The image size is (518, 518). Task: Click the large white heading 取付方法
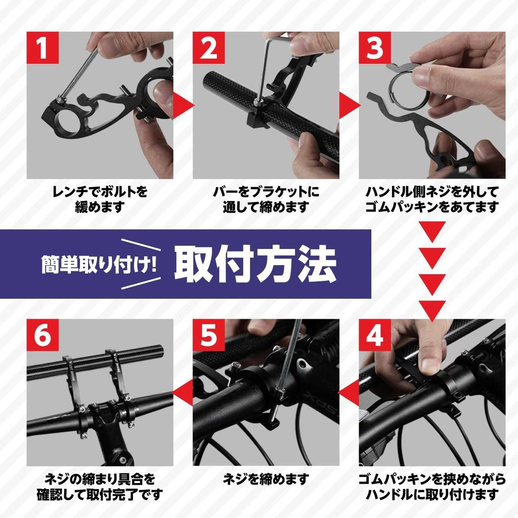pyautogui.click(x=255, y=264)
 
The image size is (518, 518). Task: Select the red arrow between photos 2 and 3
pyautogui.click(x=349, y=105)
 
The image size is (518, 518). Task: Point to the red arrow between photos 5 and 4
pyautogui.click(x=349, y=393)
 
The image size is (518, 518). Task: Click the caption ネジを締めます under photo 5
pyautogui.click(x=266, y=479)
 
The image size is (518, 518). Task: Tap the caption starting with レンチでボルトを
pyautogui.click(x=100, y=199)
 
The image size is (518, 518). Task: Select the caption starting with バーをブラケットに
pyautogui.click(x=266, y=199)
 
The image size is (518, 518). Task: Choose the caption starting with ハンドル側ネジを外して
pyautogui.click(x=432, y=199)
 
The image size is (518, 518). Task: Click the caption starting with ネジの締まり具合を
pyautogui.click(x=100, y=486)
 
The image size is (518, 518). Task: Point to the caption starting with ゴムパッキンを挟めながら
pyautogui.click(x=432, y=486)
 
